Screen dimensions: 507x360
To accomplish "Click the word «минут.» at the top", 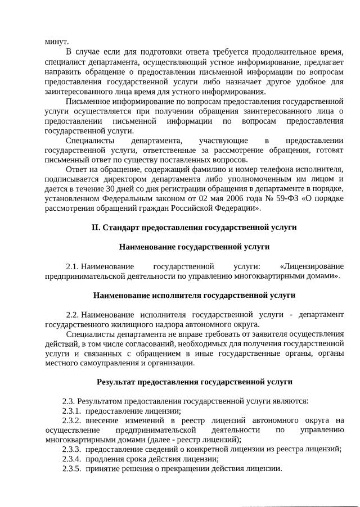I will point(57,42).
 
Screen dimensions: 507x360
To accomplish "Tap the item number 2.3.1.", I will point(71,411).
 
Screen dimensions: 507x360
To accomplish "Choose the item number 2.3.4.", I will point(71,459).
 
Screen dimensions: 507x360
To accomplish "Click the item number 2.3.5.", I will point(71,468).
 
